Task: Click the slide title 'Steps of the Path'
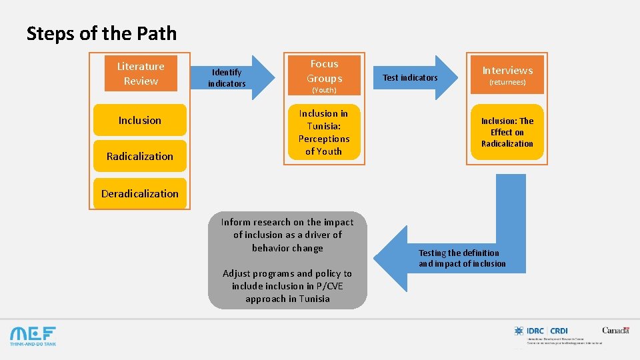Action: click(x=101, y=33)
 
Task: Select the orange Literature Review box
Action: click(x=140, y=73)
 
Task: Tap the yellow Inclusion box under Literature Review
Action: click(x=140, y=121)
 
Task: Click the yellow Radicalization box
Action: click(x=140, y=157)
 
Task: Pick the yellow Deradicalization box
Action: click(x=140, y=194)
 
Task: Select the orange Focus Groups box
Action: click(x=324, y=70)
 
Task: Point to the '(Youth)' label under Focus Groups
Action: click(x=324, y=90)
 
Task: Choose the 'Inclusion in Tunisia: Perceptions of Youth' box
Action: click(x=324, y=132)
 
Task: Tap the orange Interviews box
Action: click(x=507, y=70)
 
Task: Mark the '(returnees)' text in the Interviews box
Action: click(x=507, y=83)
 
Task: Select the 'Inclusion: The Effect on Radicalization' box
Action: click(x=507, y=132)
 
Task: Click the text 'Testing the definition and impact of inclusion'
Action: click(x=462, y=258)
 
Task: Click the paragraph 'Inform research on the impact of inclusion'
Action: click(x=287, y=235)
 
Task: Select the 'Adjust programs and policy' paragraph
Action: click(x=287, y=286)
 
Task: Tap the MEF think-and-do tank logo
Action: click(x=33, y=335)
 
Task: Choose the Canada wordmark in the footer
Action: click(x=615, y=330)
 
